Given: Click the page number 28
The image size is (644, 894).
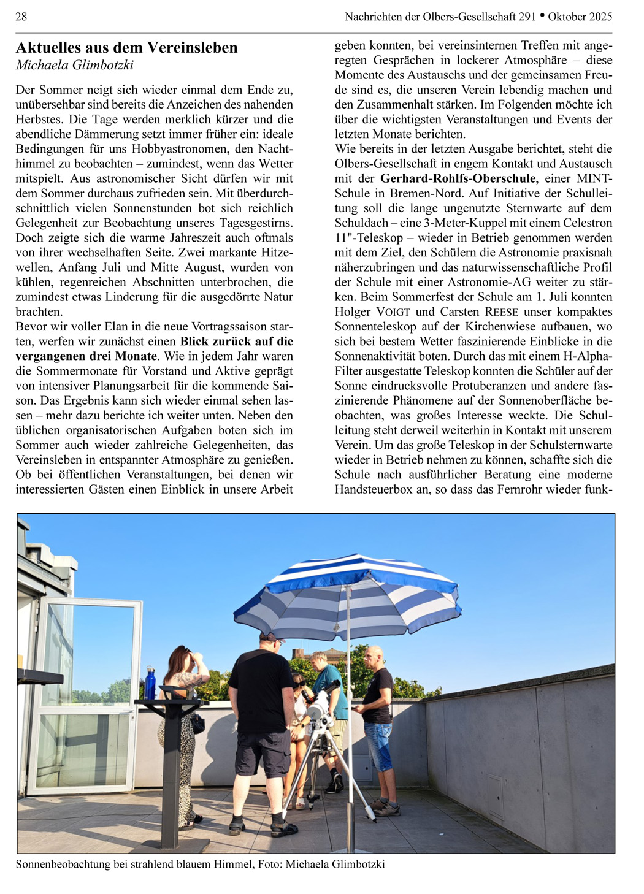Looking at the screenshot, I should pyautogui.click(x=21, y=17).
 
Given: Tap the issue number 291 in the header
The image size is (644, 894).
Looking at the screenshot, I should pyautogui.click(x=527, y=17).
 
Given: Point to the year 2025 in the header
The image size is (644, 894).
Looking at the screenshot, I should pyautogui.click(x=598, y=17).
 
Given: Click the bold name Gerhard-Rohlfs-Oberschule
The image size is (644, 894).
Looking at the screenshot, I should pyautogui.click(x=458, y=178).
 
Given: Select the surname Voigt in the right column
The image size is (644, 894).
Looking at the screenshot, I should pyautogui.click(x=393, y=311).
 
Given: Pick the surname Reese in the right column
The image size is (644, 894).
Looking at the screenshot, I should pyautogui.click(x=501, y=311).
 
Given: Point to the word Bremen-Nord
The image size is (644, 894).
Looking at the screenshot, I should pyautogui.click(x=423, y=193).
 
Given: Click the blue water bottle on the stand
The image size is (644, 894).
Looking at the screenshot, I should pyautogui.click(x=150, y=682).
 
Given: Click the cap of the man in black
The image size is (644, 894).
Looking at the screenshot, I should pyautogui.click(x=271, y=637).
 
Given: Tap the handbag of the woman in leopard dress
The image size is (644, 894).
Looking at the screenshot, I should pyautogui.click(x=197, y=724).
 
